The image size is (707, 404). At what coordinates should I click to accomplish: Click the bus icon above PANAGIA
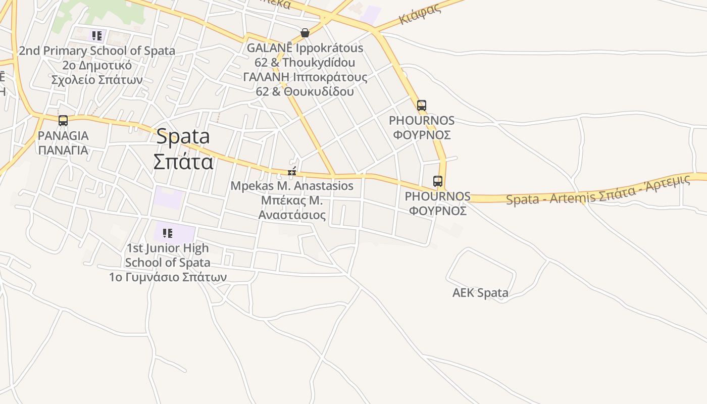63,121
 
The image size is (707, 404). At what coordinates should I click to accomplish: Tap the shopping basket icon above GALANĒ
305,33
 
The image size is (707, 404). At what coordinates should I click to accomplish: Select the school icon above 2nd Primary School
96,36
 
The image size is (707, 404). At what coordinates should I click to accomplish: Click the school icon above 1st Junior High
168,233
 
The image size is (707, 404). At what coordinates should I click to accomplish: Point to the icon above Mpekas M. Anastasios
291,172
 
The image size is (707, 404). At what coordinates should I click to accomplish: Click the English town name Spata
183,136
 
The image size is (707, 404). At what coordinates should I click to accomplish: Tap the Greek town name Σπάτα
183,162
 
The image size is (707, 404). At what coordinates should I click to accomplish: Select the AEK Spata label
480,293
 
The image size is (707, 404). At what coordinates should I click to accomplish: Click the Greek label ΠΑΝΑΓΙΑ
63,150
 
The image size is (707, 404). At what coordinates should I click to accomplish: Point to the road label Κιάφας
420,14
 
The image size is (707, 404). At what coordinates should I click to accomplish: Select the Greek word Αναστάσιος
292,215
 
